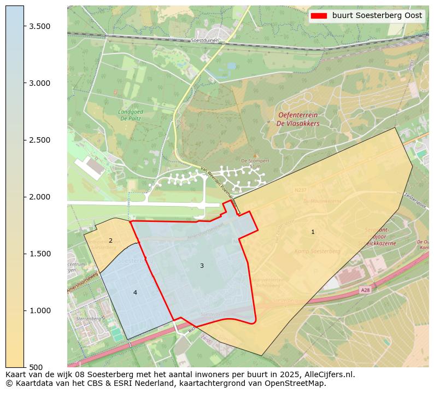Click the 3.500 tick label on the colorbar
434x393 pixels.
click(x=40, y=26)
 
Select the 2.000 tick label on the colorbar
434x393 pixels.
click(x=40, y=197)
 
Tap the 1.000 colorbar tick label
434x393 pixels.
click(x=40, y=310)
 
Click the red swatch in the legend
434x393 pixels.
click(x=319, y=16)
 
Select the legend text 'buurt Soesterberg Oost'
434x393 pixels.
click(x=377, y=16)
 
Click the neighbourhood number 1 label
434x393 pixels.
click(x=313, y=232)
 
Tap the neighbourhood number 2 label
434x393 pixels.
click(x=110, y=241)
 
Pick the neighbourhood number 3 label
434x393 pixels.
click(x=202, y=266)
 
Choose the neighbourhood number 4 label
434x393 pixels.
click(x=135, y=292)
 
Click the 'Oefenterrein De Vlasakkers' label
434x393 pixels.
click(x=298, y=119)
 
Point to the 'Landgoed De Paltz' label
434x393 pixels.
click(x=131, y=114)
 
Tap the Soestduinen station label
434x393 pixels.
click(x=205, y=40)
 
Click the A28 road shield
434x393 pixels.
click(x=365, y=290)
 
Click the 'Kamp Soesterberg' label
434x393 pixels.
click(x=318, y=251)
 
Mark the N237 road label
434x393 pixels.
click(x=300, y=190)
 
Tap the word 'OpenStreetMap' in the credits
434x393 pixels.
click(x=298, y=383)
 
